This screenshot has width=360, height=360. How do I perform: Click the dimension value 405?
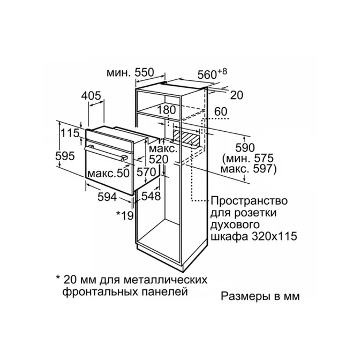pos(91,96)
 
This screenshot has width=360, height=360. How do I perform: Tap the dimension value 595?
pos(65,156)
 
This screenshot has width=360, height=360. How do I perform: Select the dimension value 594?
pos(108,197)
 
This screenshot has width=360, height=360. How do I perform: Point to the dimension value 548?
pos(151,196)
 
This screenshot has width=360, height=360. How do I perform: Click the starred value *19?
pos(125,215)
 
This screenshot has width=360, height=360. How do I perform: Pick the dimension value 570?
pos(146,172)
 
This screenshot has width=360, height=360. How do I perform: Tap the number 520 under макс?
pos(159,159)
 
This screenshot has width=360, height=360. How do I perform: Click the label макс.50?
pos(109,173)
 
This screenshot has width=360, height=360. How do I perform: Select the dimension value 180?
pos(166,110)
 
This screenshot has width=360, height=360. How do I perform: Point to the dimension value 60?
pos(221,111)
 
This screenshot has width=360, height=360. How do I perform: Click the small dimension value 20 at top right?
pos(236,95)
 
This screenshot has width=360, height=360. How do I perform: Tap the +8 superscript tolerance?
pos(222,71)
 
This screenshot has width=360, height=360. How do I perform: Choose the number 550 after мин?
pos(144,72)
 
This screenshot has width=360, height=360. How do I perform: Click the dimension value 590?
pos(245,148)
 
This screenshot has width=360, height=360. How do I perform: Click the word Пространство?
pos(249,201)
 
